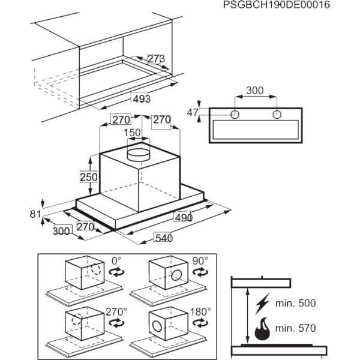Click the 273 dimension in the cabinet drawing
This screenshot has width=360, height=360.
pos(156,59)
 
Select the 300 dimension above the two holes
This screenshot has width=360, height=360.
pos(256,91)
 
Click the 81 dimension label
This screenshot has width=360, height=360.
pos(34,213)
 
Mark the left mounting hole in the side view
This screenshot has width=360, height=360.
pos(236,113)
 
